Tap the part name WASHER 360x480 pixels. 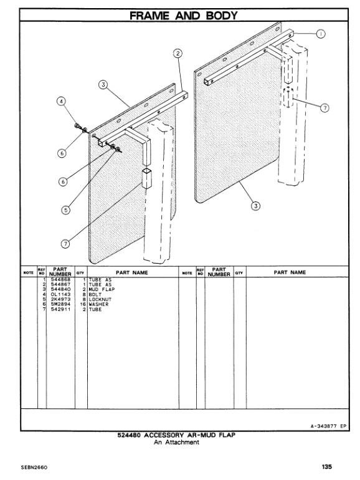100,305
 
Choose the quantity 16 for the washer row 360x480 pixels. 82,305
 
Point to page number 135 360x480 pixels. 328,466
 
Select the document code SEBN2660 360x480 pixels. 34,466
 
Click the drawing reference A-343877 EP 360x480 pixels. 328,426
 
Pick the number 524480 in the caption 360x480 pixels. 130,436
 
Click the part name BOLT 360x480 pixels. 97,295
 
